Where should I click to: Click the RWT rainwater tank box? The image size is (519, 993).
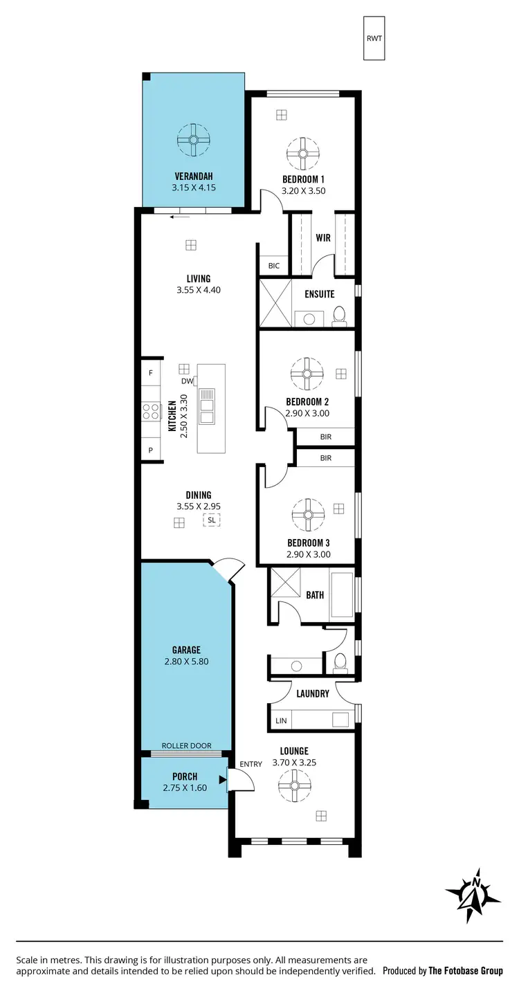[x=374, y=38]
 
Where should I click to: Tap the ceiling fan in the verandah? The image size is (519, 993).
[x=193, y=140]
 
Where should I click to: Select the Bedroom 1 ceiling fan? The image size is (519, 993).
[x=302, y=154]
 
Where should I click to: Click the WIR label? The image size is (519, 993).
[x=322, y=238]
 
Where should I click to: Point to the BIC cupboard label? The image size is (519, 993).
[x=273, y=266]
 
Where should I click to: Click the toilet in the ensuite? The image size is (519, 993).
[x=339, y=316]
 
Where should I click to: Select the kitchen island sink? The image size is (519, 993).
[x=207, y=406]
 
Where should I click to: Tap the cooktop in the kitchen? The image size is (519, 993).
[x=151, y=411]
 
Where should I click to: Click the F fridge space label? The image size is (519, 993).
[x=150, y=373]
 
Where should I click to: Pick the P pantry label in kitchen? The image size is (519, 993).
[x=150, y=450]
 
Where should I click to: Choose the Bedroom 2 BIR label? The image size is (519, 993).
[x=325, y=437]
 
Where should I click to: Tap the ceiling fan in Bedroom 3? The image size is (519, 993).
[x=307, y=515]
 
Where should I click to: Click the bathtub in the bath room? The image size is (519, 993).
[x=342, y=594]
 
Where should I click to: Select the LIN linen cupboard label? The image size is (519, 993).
[x=280, y=721]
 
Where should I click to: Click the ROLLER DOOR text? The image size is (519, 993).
[x=186, y=746]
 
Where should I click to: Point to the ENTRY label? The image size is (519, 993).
[x=251, y=764]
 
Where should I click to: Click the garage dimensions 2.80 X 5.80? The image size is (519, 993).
[x=186, y=661]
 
